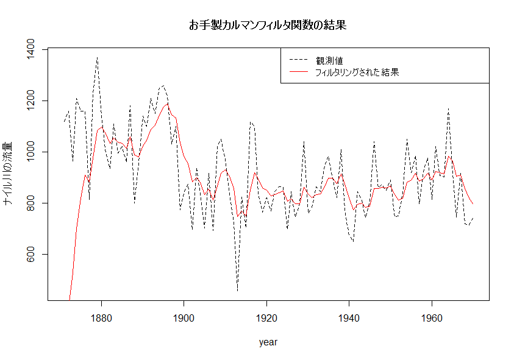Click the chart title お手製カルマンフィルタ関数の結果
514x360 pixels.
click(268, 26)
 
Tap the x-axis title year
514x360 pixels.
click(268, 342)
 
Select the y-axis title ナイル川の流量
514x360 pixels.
click(9, 174)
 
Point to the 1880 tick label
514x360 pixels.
click(101, 318)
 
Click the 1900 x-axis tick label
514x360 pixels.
click(184, 318)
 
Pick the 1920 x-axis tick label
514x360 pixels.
click(266, 318)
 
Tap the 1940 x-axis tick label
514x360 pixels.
click(349, 318)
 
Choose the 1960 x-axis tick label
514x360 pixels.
click(432, 318)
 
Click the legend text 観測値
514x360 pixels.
click(329, 60)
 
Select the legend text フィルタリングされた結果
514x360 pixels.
click(357, 72)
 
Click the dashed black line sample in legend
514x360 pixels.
click(298, 60)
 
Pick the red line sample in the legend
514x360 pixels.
click(298, 72)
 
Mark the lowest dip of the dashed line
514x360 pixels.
click(237, 291)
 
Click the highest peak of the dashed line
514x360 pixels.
click(97, 57)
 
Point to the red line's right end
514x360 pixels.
click(473, 204)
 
